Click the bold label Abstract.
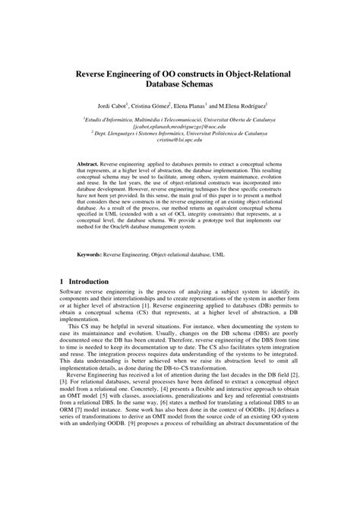[x=93, y=163]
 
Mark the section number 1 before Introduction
[x=62, y=281]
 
